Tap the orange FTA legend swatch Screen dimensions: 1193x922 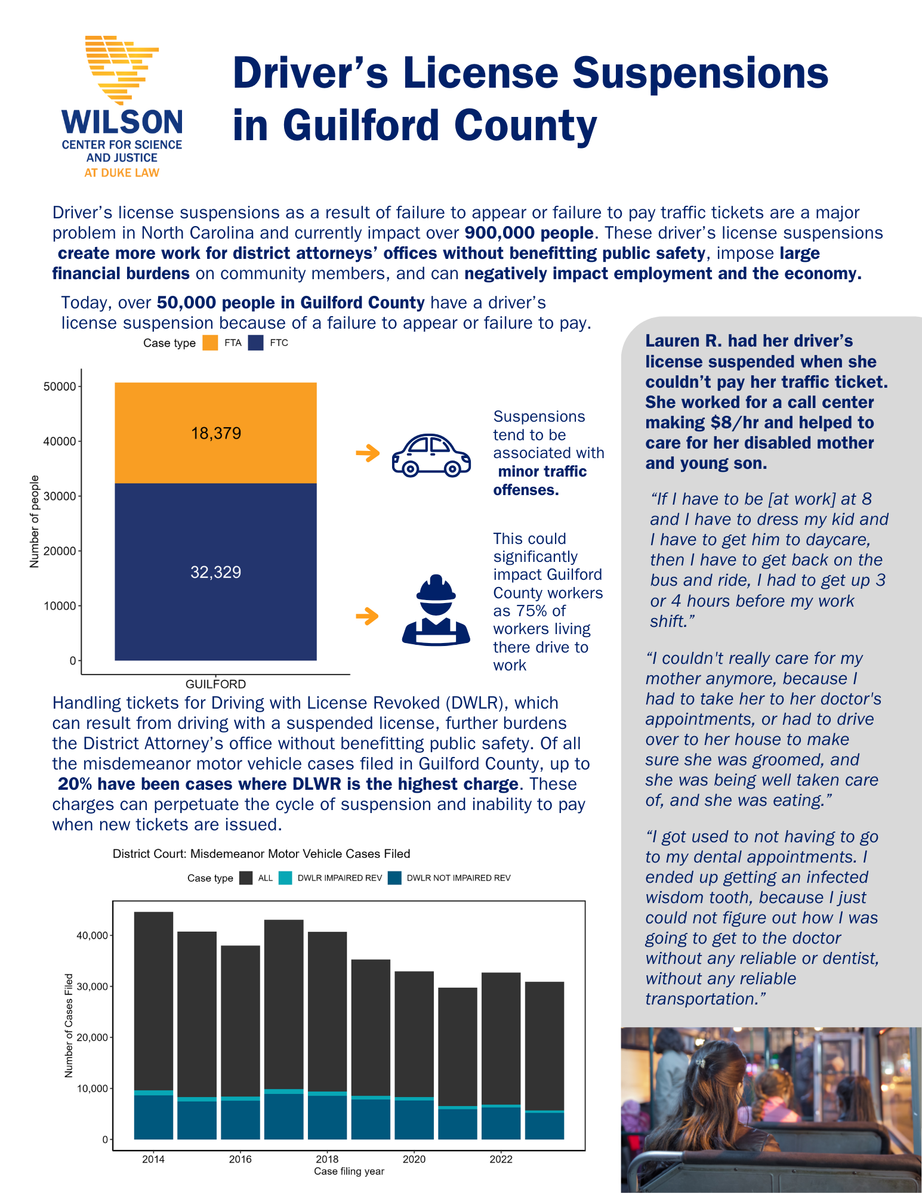[210, 343]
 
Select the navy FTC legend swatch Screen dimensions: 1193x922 [256, 343]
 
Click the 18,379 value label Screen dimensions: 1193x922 [216, 433]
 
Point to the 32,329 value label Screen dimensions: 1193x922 [216, 573]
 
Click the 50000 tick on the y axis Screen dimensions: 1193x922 [60, 387]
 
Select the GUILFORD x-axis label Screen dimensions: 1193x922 [215, 684]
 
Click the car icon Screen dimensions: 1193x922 [431, 455]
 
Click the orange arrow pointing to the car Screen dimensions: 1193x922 [368, 453]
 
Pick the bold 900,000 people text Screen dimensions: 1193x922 [529, 233]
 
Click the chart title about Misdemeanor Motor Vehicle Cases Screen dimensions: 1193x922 [261, 854]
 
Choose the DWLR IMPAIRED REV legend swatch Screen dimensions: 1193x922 [285, 878]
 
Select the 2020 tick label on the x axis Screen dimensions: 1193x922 [414, 1159]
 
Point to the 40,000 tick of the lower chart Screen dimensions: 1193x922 [92, 935]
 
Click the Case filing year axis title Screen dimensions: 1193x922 [349, 1171]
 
